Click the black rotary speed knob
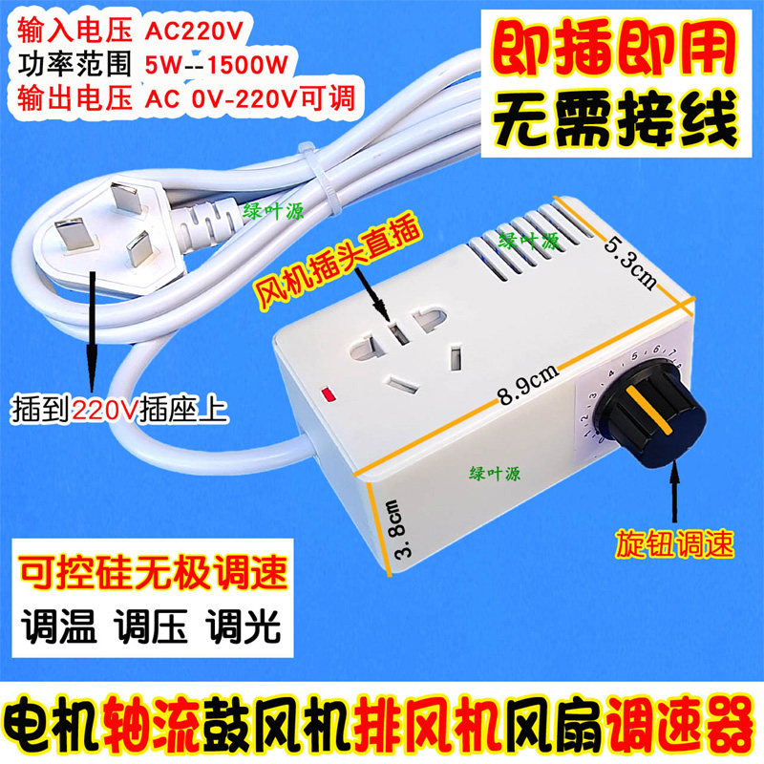650,413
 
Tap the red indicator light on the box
329,393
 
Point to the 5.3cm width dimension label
630,263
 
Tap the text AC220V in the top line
194,32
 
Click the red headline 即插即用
615,49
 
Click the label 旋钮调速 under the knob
674,543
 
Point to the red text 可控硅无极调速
153,572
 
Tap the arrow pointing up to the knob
674,491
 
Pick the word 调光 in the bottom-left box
243,626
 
